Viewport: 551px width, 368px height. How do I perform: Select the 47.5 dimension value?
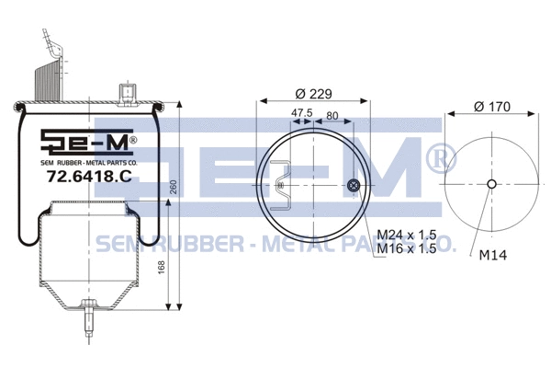(x=302, y=114)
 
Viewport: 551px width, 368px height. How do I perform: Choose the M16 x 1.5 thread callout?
(x=409, y=248)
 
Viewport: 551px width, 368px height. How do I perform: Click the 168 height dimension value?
(x=163, y=267)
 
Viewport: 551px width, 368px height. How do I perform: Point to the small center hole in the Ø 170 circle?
(x=491, y=184)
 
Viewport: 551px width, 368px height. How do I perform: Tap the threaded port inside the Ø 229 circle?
(x=354, y=187)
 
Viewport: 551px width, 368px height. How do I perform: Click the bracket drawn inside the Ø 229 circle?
(x=287, y=181)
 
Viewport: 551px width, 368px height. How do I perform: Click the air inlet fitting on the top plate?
(x=126, y=91)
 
